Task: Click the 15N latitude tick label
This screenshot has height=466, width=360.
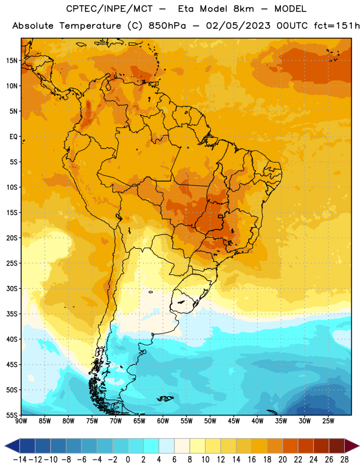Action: (12, 61)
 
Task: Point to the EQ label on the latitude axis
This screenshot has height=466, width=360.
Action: (13, 137)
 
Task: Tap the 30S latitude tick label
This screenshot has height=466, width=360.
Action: (12, 288)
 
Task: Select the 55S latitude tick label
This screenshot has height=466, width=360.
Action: (12, 415)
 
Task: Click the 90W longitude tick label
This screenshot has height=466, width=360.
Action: (21, 421)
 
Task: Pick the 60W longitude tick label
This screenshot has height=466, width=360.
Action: (163, 421)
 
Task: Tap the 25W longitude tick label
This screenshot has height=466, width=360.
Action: (328, 421)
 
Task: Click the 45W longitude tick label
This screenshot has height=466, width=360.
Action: (234, 421)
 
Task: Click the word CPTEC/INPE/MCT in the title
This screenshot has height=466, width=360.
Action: (109, 9)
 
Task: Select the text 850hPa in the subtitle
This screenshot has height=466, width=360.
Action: (167, 26)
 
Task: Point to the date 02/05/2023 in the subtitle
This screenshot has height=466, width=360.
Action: (238, 26)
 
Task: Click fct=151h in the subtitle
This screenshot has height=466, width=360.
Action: (337, 26)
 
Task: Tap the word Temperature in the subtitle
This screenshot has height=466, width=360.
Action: (90, 26)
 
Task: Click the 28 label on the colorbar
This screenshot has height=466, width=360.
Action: (344, 460)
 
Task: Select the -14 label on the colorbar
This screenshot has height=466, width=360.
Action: (20, 460)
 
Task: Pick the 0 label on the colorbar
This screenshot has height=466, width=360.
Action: (128, 460)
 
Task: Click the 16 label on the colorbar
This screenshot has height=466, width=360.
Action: (252, 460)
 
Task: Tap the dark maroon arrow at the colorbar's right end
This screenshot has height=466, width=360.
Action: (351, 446)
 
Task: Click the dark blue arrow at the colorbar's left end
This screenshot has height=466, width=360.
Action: (12, 446)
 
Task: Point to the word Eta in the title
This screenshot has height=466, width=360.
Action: (186, 9)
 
